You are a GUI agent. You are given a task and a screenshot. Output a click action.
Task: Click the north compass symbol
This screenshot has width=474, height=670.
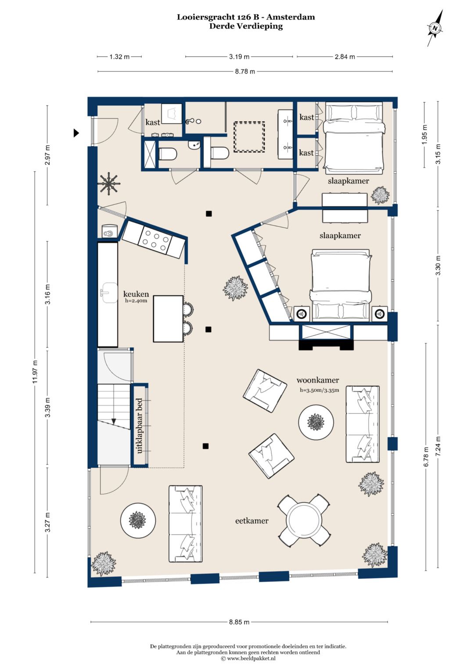coord(435,28)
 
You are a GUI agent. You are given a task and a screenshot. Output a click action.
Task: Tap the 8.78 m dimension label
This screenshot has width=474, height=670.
coord(245,72)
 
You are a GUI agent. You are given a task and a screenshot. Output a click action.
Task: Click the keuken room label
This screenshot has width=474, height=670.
coord(136,294)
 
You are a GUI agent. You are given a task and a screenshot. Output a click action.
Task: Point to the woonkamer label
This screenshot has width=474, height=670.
coord(317,380)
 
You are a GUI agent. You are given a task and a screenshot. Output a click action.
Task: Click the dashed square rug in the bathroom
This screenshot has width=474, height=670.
coord(249,137)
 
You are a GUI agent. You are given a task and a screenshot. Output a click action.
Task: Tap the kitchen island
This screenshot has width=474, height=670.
coord(168,319)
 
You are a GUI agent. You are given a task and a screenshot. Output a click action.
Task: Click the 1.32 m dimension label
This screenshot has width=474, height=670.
coord(119,57)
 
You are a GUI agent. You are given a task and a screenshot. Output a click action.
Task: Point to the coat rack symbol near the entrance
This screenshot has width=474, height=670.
coord(109,184)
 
